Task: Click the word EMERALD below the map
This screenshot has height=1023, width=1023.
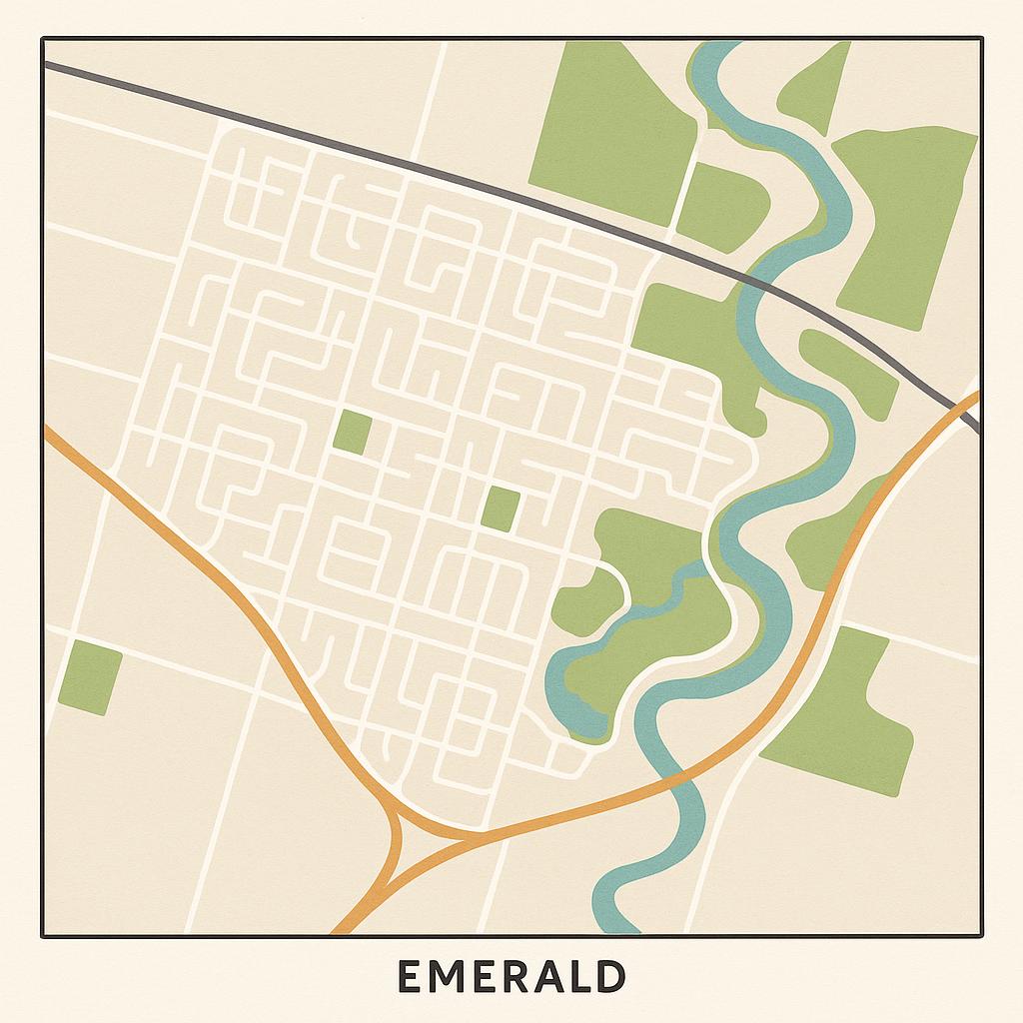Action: (511, 976)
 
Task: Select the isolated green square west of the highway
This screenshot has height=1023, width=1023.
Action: (90, 679)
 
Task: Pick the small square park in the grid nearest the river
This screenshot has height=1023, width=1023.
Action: (500, 509)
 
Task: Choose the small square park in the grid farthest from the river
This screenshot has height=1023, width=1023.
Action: (352, 433)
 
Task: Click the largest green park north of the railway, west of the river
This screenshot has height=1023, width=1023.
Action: (611, 130)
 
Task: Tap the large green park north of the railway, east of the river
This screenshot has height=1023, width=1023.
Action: (904, 225)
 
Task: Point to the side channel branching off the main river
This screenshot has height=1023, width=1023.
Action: (599, 639)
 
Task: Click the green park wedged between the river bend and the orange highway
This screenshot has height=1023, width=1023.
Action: (829, 539)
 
